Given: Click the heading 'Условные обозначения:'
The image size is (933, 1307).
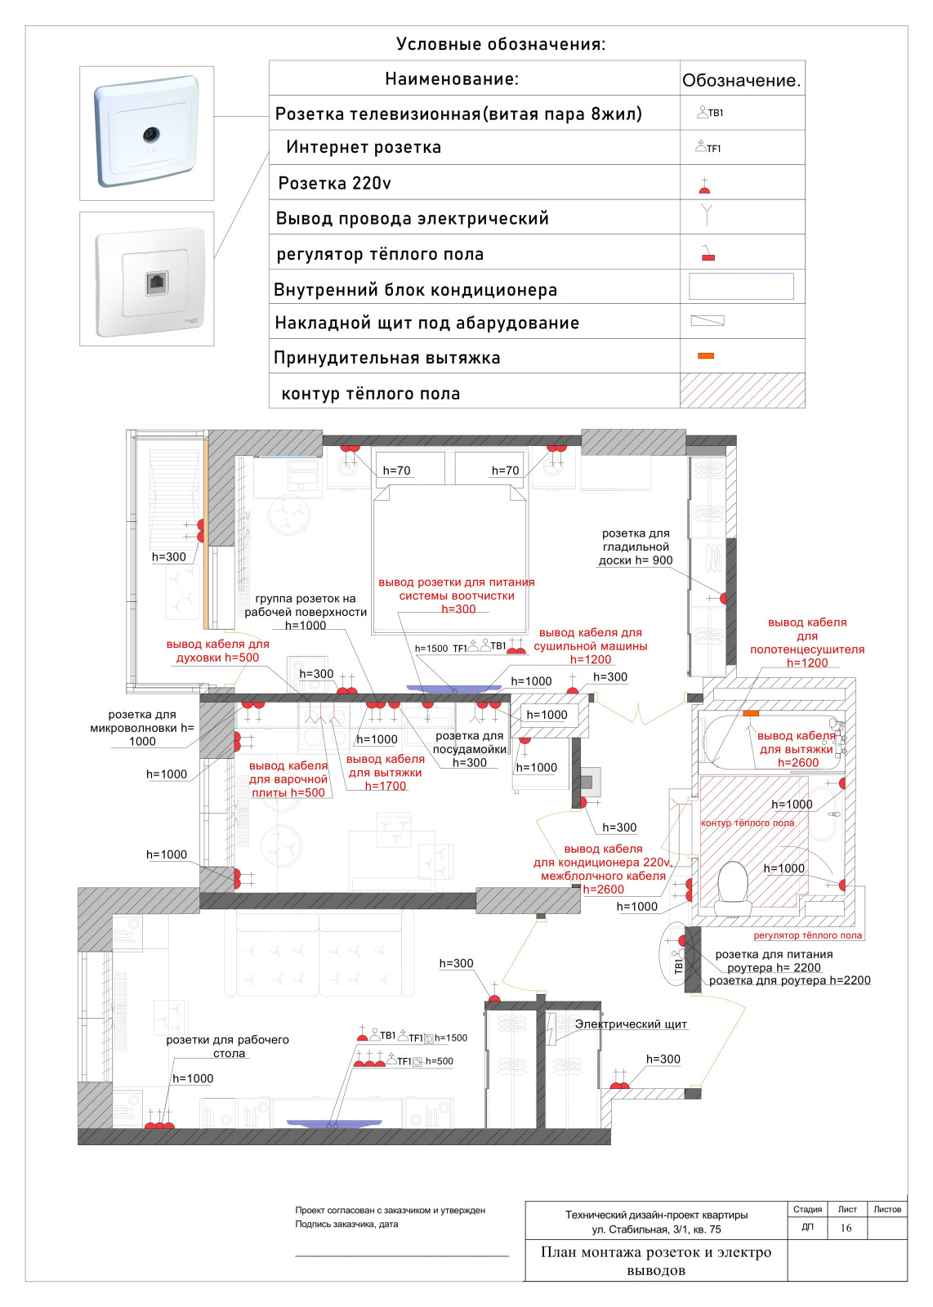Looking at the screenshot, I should [x=501, y=44].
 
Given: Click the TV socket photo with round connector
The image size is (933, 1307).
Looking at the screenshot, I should [x=147, y=132].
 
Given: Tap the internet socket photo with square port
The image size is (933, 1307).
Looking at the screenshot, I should [x=147, y=279].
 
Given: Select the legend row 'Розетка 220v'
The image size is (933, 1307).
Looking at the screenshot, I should [x=335, y=183].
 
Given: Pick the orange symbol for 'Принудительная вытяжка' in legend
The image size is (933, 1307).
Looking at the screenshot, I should [x=706, y=355].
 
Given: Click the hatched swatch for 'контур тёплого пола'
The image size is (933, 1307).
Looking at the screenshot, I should [x=742, y=390].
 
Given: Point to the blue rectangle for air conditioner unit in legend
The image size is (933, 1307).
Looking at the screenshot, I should [x=741, y=287].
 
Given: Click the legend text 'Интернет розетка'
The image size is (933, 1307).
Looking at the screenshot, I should [x=364, y=148].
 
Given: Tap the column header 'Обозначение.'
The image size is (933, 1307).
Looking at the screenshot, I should [x=741, y=80].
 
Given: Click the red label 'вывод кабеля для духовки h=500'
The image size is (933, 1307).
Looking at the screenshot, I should [x=217, y=651].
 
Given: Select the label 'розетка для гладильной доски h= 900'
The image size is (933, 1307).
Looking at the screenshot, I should [x=636, y=546].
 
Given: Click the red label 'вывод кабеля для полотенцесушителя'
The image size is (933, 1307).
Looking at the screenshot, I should [x=807, y=642].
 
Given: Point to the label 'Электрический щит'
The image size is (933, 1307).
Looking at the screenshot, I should [x=631, y=1024].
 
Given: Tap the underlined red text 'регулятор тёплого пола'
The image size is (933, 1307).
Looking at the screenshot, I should [x=807, y=935].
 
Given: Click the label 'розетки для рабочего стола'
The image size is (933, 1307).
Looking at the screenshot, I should [x=227, y=1046].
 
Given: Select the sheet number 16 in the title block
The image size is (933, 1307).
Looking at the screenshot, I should [x=846, y=1228].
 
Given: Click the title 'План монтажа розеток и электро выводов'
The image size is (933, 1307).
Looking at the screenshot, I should [x=656, y=1260].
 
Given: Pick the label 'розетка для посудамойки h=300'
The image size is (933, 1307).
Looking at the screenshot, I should [x=470, y=749].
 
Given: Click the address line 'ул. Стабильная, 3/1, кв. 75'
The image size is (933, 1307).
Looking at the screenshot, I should [x=656, y=1229].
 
